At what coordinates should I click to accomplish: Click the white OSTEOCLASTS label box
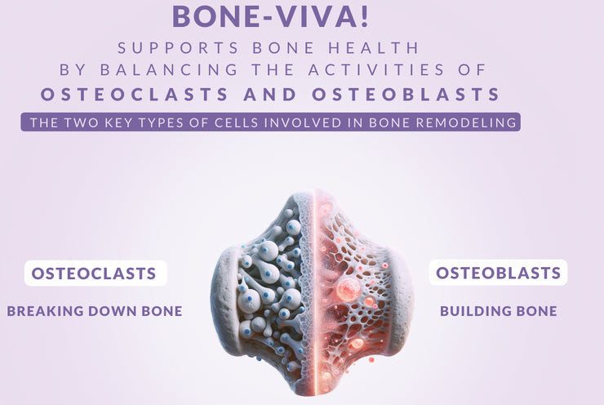[95, 274]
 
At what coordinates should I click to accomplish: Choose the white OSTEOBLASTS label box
[498, 273]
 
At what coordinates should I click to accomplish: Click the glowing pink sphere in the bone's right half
[348, 288]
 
